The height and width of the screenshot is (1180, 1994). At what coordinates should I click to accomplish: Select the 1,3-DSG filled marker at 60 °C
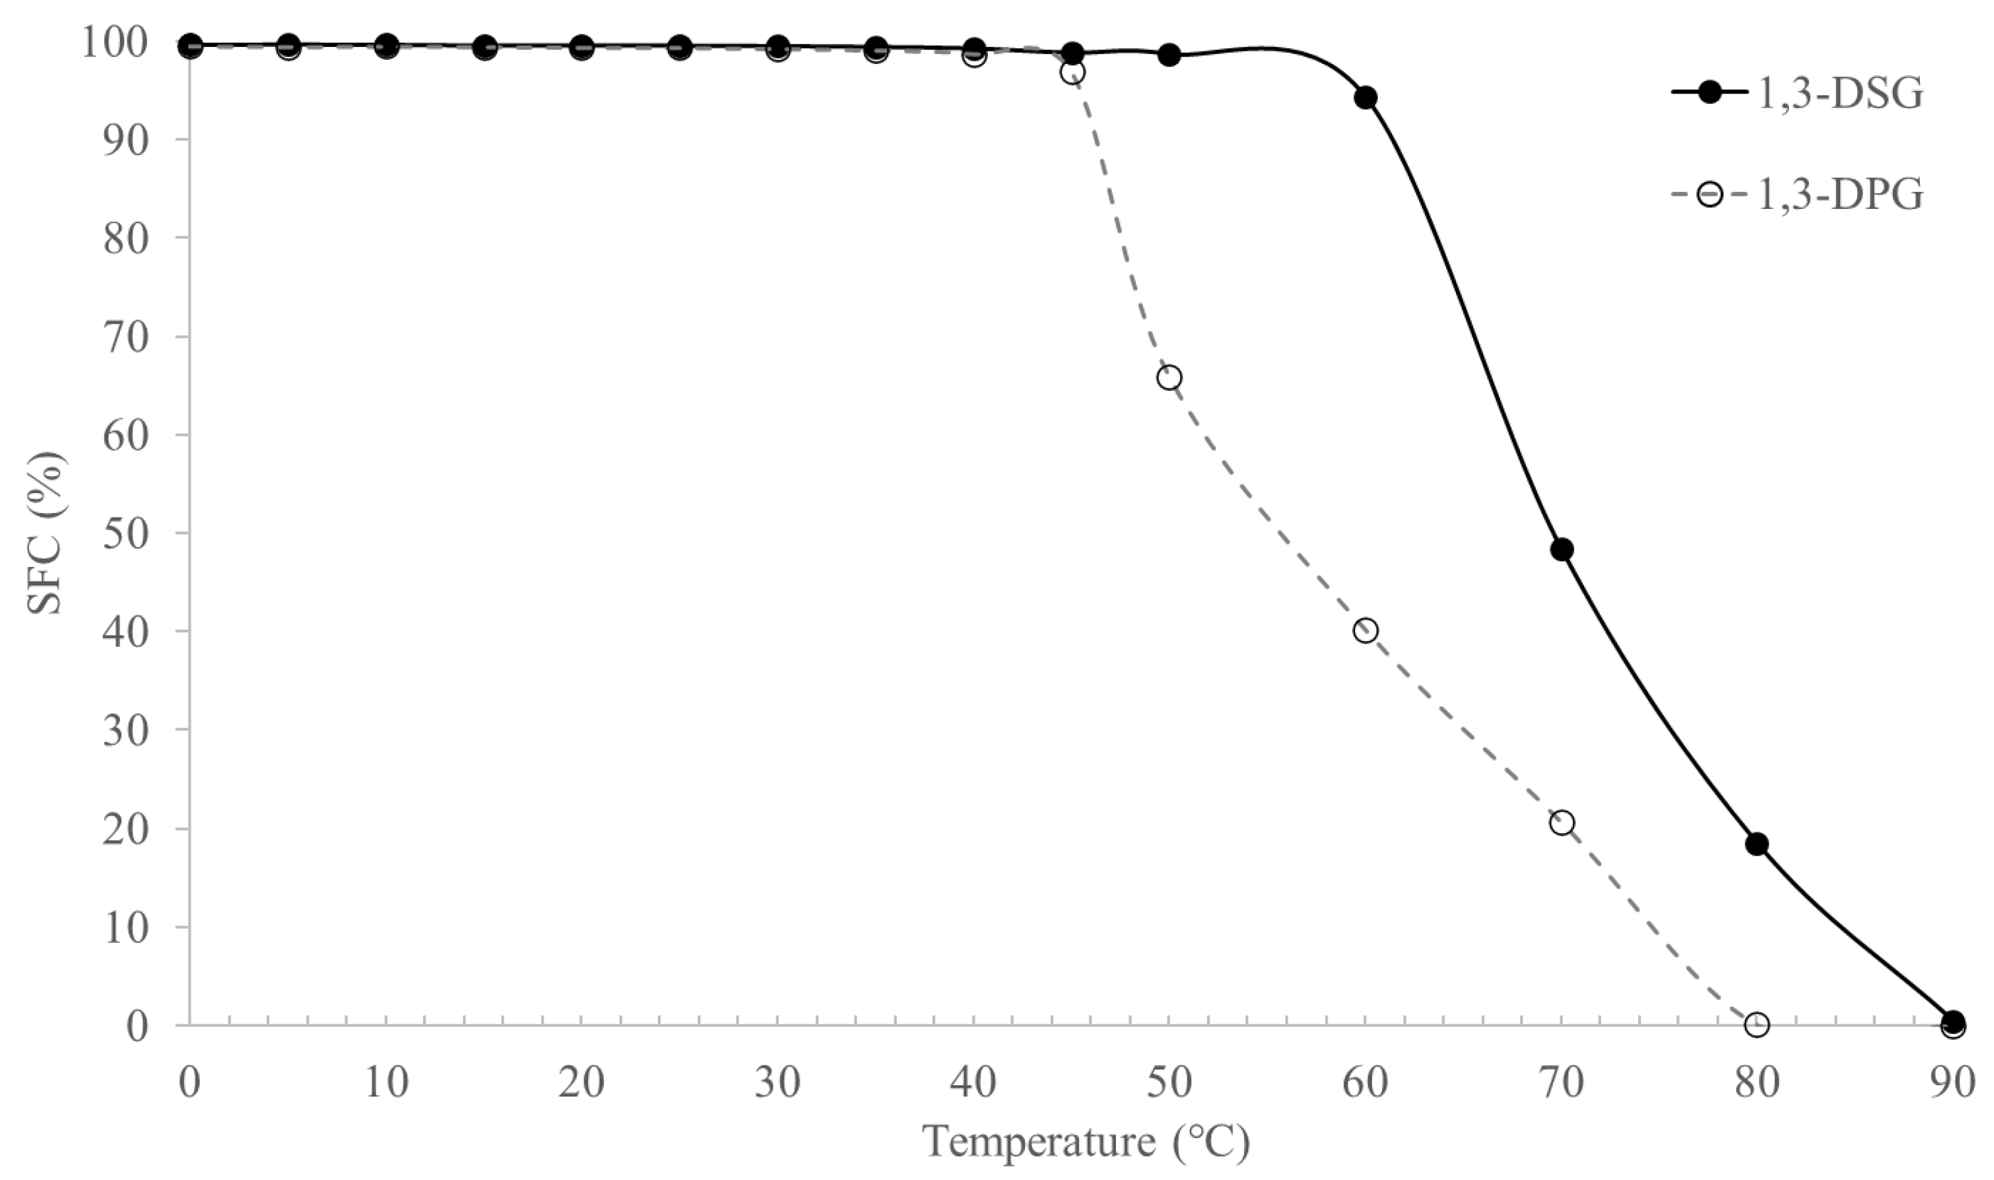pyautogui.click(x=1366, y=98)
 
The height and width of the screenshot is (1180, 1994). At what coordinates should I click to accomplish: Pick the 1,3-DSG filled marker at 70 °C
pyautogui.click(x=1562, y=550)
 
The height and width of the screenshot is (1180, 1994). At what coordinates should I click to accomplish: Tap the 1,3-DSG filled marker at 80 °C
pyautogui.click(x=1757, y=844)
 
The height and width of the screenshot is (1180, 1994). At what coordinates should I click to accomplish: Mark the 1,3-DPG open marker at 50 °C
pyautogui.click(x=1169, y=378)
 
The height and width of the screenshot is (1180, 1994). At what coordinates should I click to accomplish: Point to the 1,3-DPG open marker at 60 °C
pyautogui.click(x=1366, y=631)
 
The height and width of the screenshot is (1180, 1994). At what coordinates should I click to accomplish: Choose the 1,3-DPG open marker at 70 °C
pyautogui.click(x=1562, y=823)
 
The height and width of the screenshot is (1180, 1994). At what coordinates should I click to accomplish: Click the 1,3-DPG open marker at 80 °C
pyautogui.click(x=1757, y=1025)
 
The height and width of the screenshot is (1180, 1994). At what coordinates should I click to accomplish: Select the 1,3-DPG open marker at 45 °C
pyautogui.click(x=1072, y=72)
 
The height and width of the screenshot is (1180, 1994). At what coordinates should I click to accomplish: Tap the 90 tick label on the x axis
pyautogui.click(x=1953, y=1083)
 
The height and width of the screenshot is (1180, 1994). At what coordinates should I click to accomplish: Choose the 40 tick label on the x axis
pyautogui.click(x=973, y=1083)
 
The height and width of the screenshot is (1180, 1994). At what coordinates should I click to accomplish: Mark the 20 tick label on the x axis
pyautogui.click(x=581, y=1083)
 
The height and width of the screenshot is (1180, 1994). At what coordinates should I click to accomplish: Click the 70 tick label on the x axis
pyautogui.click(x=1562, y=1083)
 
